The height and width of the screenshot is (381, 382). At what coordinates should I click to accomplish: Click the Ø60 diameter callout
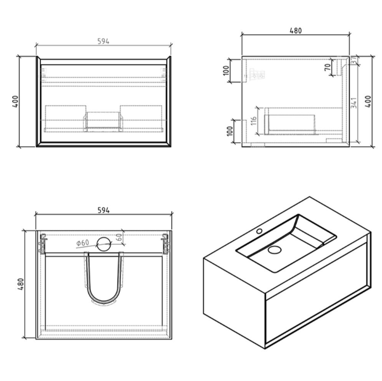(83, 243)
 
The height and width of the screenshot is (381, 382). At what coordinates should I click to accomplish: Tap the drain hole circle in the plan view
(105, 244)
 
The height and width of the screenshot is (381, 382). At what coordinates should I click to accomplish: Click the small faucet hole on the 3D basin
(259, 231)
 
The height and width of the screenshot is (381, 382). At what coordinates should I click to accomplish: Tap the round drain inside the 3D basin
(275, 250)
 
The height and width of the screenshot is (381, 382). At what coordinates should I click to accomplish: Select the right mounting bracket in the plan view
(165, 243)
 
